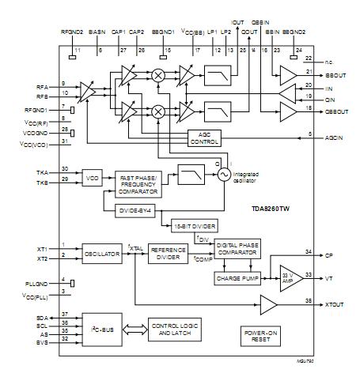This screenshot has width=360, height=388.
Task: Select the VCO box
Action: pyautogui.click(x=93, y=179)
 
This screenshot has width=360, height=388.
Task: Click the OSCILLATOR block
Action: pyautogui.click(x=103, y=254)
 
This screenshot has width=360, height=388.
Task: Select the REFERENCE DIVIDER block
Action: pyautogui.click(x=168, y=254)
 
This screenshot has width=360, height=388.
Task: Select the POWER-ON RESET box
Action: pyautogui.click(x=258, y=335)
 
